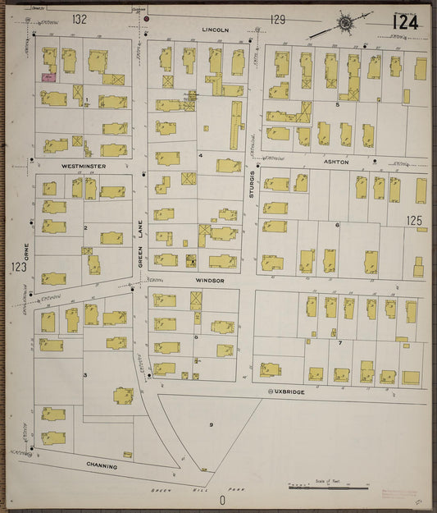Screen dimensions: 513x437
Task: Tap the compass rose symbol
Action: [x=345, y=24]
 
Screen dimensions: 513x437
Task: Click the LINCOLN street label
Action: [x=216, y=30]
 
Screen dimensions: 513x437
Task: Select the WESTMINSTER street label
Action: [x=84, y=165]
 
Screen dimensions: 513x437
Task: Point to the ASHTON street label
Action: [x=336, y=163]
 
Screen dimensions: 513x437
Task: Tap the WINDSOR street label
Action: [x=209, y=280]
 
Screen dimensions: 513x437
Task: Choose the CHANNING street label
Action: [x=102, y=466]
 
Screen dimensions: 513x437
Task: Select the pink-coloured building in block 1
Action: [x=48, y=78]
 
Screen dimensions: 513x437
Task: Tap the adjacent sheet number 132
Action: [x=79, y=18]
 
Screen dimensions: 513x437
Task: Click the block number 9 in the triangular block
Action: [x=211, y=424]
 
